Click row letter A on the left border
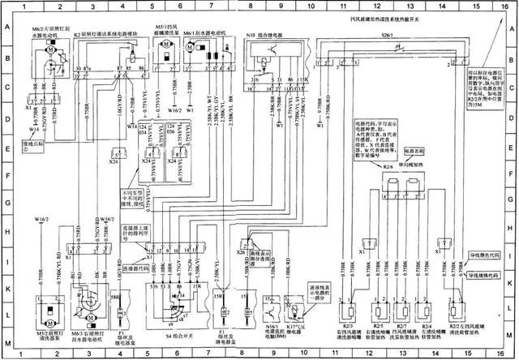pyautogui.click(x=5, y=27)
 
